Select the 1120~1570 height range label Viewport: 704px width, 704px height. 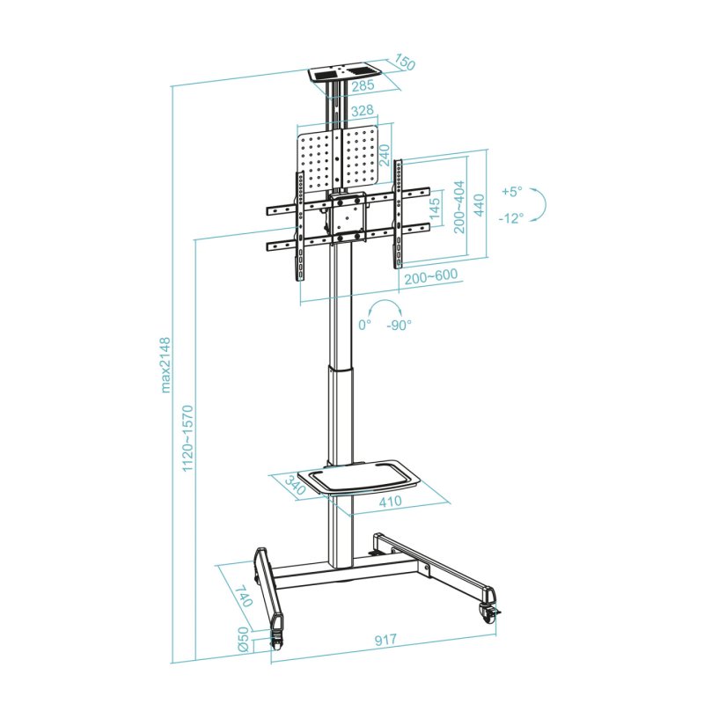click(x=187, y=437)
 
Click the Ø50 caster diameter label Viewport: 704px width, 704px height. click(x=243, y=639)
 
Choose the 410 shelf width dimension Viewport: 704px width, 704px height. click(x=390, y=501)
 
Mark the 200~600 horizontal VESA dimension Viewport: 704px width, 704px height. click(x=430, y=275)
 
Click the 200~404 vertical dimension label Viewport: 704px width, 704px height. click(x=458, y=208)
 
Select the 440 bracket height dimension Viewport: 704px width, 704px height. click(x=479, y=205)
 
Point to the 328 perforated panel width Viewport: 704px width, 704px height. click(x=362, y=111)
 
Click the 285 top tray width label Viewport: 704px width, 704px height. click(x=362, y=86)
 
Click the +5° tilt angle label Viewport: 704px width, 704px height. click(x=511, y=191)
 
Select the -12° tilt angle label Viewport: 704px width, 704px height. click(x=510, y=217)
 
